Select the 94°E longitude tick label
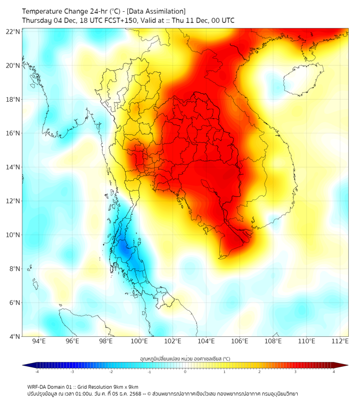(x=39, y=341)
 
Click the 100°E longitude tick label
(x=139, y=341)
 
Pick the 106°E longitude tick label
(x=240, y=341)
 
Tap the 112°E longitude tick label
(x=340, y=341)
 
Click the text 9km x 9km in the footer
(x=125, y=386)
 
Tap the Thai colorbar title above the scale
(x=185, y=359)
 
